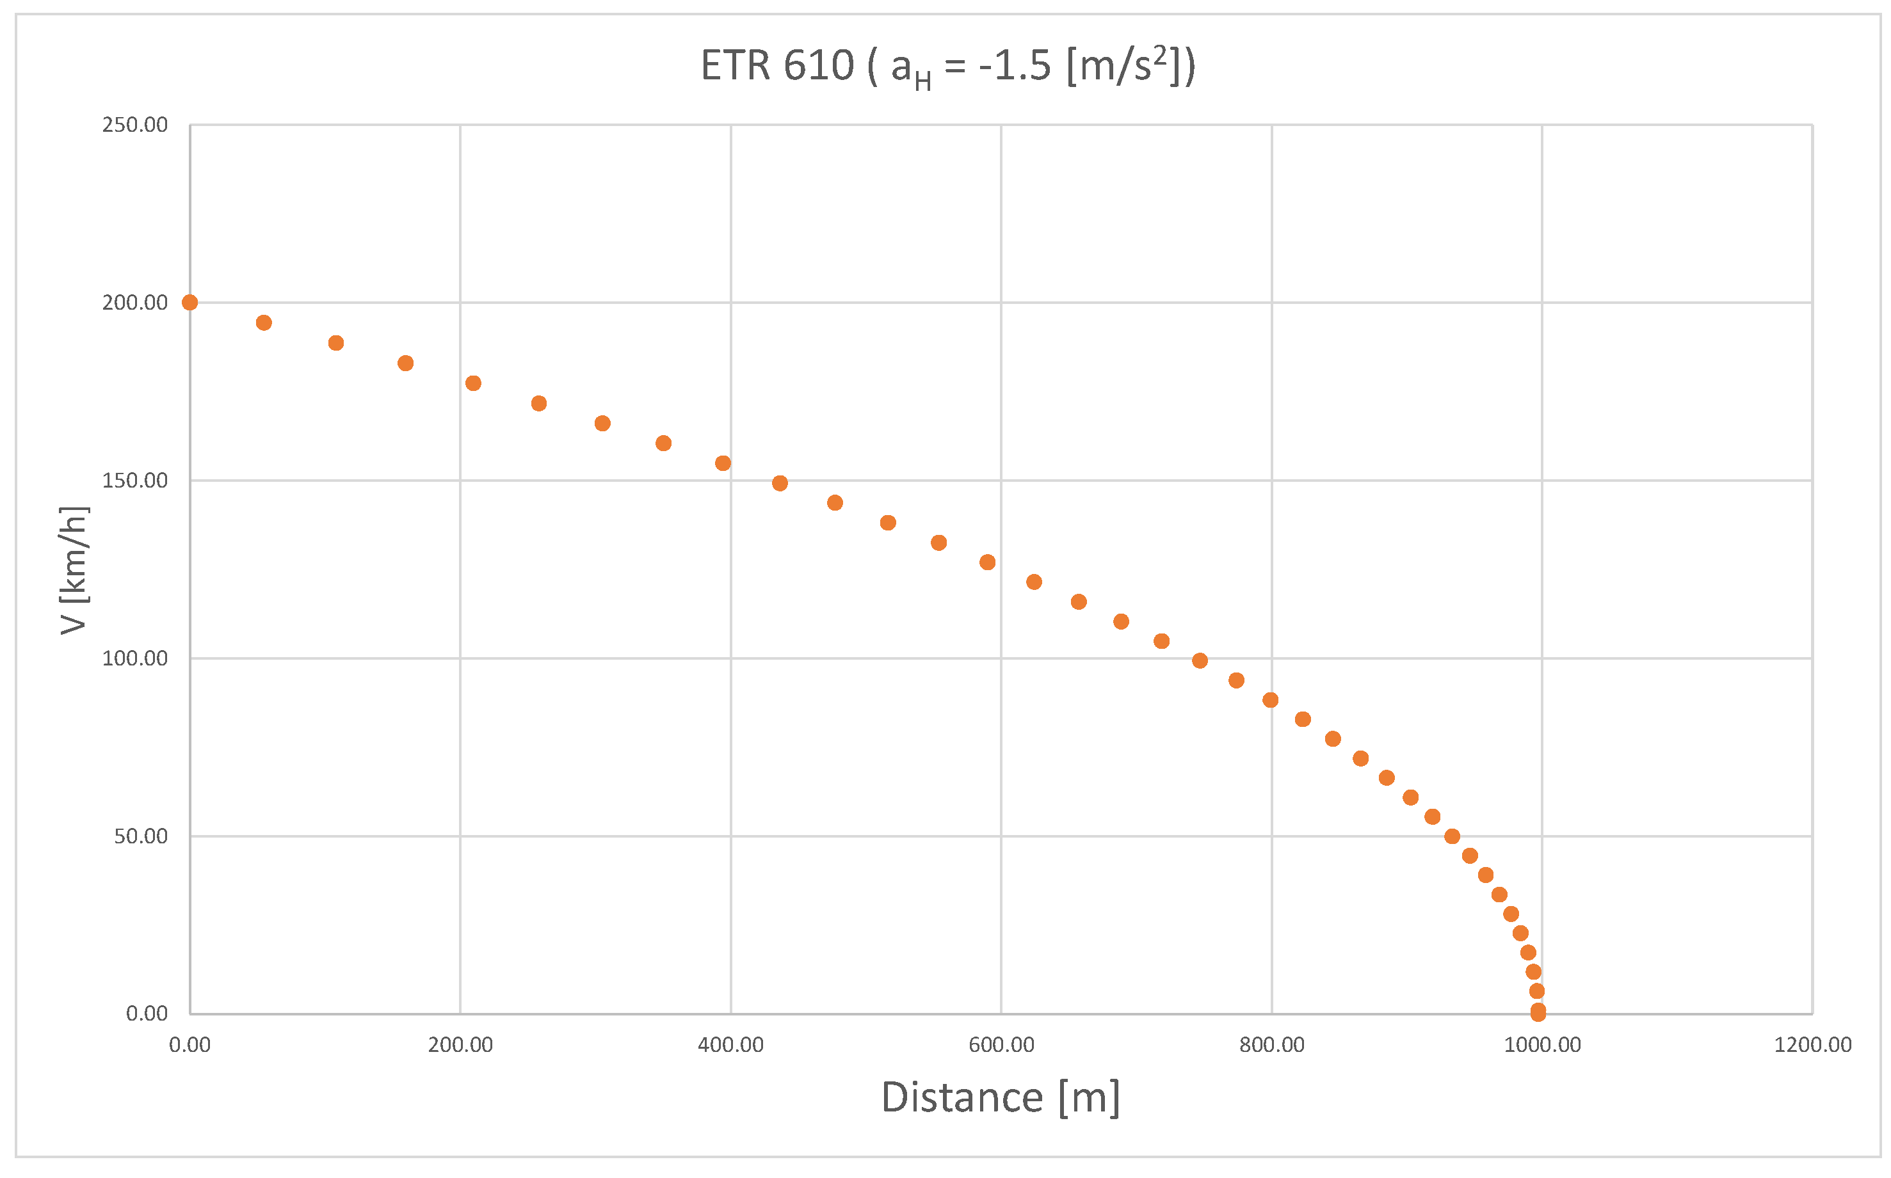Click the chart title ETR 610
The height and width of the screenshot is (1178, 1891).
click(946, 65)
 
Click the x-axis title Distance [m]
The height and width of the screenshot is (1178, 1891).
click(1000, 1098)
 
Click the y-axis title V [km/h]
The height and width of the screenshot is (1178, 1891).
click(74, 569)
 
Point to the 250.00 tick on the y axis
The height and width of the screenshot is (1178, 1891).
click(135, 125)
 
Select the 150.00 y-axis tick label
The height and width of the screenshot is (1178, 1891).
click(135, 480)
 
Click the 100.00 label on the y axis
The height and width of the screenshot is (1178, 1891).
click(135, 658)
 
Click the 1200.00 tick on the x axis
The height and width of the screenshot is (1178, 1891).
click(1812, 1046)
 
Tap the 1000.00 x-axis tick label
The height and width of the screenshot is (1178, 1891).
click(1541, 1046)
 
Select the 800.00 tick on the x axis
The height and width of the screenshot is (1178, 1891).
click(1271, 1046)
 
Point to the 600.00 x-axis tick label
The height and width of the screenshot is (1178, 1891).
click(1001, 1046)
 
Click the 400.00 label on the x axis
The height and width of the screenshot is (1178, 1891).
click(730, 1046)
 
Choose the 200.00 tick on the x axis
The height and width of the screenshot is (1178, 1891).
click(460, 1046)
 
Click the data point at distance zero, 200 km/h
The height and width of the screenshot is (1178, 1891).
click(189, 302)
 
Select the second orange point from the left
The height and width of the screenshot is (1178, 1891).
click(264, 322)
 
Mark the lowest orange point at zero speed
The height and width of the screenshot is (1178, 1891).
click(1538, 1014)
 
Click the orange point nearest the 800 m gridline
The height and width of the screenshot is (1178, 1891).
click(1271, 699)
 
